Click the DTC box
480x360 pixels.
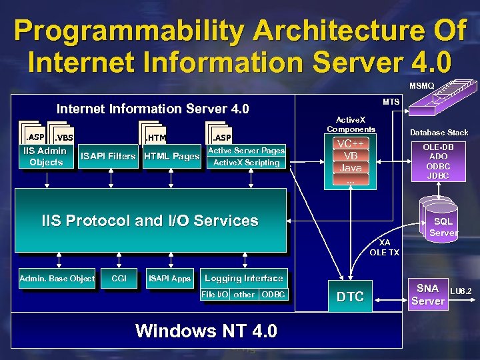[x=350, y=297]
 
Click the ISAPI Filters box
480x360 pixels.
[x=107, y=156]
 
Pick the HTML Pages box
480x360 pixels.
[x=171, y=156]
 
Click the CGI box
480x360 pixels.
[x=119, y=278]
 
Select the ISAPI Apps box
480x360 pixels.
[x=169, y=278]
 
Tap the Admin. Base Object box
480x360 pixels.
[x=57, y=278]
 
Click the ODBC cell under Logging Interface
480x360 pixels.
[x=273, y=294]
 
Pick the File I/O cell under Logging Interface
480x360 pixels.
[x=215, y=294]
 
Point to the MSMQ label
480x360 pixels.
[x=421, y=86]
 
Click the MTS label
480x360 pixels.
[x=391, y=102]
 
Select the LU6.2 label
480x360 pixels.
[x=461, y=291]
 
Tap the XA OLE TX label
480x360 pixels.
[x=384, y=247]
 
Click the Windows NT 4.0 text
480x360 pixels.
[x=206, y=331]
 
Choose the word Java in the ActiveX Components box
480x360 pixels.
[x=350, y=167]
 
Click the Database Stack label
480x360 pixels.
[x=439, y=133]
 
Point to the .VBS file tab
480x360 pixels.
[x=64, y=137]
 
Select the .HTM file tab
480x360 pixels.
[x=156, y=137]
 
